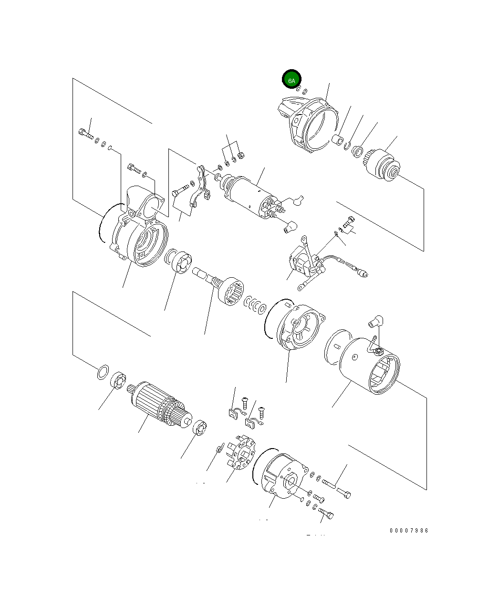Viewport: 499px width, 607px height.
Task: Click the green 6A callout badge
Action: (x=291, y=80)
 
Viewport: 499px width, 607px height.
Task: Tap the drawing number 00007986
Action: (x=409, y=531)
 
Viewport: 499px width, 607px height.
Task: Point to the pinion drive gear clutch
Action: (x=385, y=165)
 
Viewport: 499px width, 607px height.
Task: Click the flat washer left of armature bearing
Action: (x=102, y=372)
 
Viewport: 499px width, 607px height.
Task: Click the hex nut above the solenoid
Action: (x=240, y=156)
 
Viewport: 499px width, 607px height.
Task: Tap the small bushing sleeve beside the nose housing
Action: (x=337, y=140)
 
